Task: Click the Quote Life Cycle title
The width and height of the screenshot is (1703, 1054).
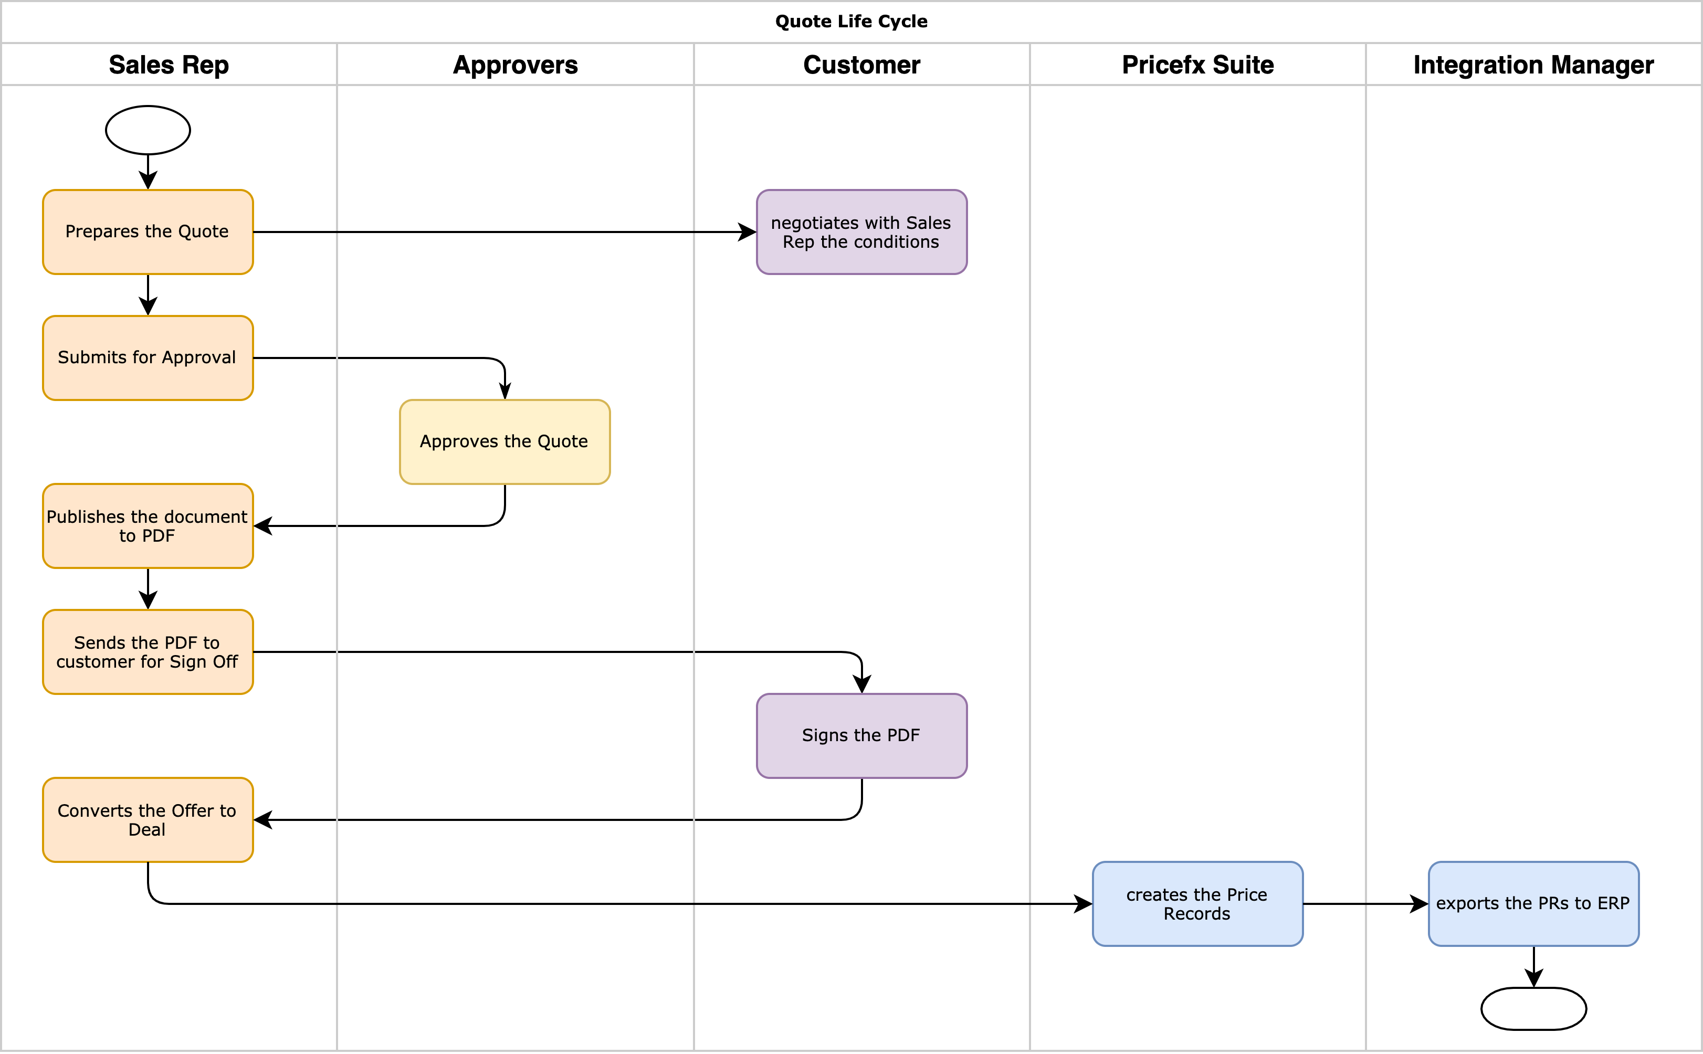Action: [x=851, y=22]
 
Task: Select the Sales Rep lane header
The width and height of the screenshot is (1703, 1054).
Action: [x=169, y=65]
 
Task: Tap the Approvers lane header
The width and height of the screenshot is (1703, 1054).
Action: [x=515, y=65]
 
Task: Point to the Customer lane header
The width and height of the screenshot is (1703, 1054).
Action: [x=861, y=65]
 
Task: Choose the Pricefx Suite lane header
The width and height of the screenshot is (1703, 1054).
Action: [x=1197, y=65]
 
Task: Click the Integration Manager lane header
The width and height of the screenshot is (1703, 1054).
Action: [x=1533, y=65]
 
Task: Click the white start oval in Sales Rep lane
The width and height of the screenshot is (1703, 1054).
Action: [x=148, y=130]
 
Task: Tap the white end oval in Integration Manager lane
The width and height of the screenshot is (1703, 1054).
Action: [x=1533, y=1008]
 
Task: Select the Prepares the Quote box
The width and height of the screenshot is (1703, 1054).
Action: [x=148, y=232]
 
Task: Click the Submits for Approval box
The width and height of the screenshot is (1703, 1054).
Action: [x=148, y=357]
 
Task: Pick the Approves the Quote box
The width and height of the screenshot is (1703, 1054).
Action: [x=504, y=442]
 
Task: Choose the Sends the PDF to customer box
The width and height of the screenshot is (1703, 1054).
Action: [x=148, y=652]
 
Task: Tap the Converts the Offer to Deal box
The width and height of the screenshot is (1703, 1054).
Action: [x=148, y=820]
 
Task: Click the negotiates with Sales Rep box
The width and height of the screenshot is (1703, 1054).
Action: [x=861, y=232]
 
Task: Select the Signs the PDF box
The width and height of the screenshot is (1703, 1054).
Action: [x=861, y=735]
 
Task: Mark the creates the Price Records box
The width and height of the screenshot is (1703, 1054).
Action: [x=1197, y=903]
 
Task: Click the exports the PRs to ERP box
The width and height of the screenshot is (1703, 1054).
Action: [x=1533, y=903]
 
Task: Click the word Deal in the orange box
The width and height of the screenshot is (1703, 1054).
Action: [x=147, y=829]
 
